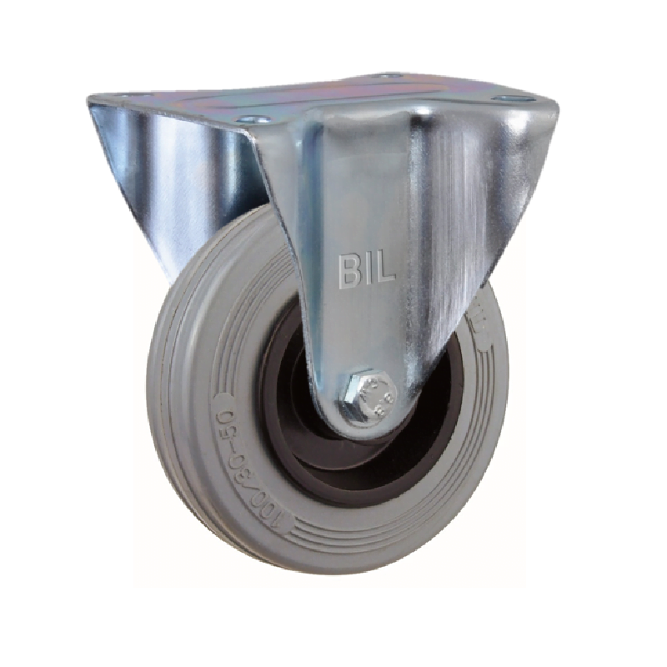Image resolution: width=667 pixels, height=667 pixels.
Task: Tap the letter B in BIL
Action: point(345,269)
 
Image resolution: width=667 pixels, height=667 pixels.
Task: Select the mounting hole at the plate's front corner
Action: point(255,119)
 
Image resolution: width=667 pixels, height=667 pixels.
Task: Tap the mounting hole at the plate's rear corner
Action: point(385,76)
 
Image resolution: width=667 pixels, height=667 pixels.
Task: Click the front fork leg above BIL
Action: point(367,183)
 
